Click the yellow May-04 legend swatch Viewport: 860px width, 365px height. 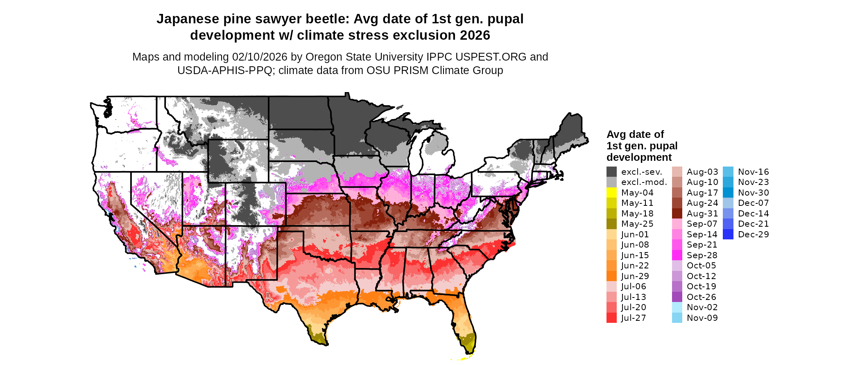[x=611, y=193]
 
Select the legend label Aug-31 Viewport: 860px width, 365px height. [x=702, y=214]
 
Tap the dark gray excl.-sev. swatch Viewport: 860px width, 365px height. [x=611, y=172]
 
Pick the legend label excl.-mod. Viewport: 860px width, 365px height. [x=644, y=182]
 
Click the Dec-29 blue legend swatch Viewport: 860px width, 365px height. [x=728, y=234]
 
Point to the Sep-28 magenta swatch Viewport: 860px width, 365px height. [x=677, y=255]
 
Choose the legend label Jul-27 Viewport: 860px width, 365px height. [x=634, y=318]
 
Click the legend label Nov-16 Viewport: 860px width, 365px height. [x=754, y=172]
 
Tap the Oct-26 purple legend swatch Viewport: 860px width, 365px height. [x=677, y=297]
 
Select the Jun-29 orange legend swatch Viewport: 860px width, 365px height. [x=611, y=276]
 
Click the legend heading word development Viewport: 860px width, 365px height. [x=639, y=158]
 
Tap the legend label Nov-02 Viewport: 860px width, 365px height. [x=702, y=307]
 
